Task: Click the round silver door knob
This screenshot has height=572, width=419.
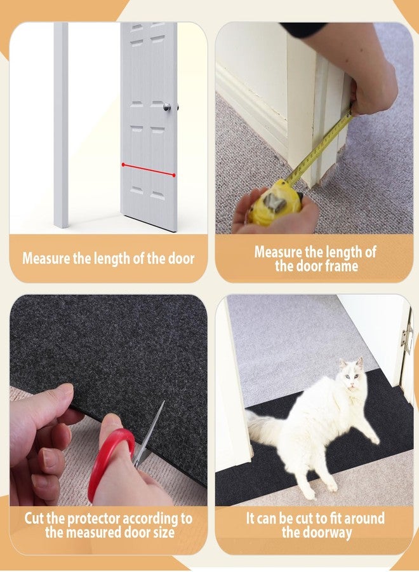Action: [x=167, y=107]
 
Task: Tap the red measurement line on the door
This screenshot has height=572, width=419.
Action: [x=149, y=170]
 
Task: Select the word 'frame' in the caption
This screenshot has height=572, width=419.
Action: [x=340, y=266]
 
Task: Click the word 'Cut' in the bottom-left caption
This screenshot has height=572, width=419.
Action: [x=34, y=519]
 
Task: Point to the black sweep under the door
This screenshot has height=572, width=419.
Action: [x=152, y=224]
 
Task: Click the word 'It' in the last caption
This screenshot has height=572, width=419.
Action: [x=250, y=519]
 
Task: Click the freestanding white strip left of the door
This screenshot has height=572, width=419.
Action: [x=61, y=125]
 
